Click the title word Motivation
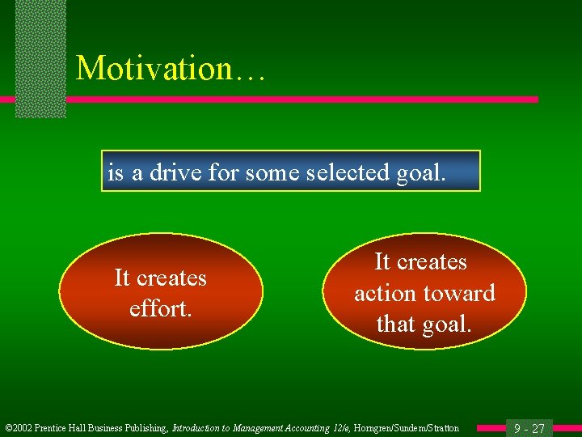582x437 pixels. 154,68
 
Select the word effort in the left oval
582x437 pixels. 160,308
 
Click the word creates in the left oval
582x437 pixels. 173,278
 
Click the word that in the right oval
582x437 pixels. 395,324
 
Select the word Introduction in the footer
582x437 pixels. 198,428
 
